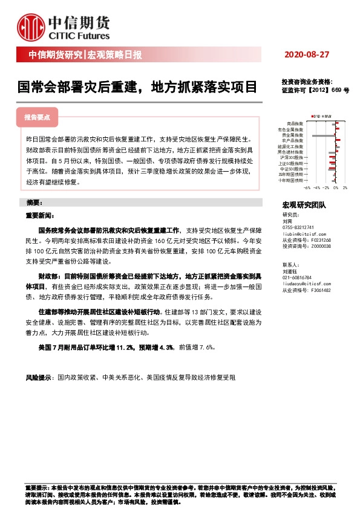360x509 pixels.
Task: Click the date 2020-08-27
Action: point(306,55)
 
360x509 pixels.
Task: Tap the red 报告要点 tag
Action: point(41,117)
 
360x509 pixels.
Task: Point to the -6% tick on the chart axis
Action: point(298,188)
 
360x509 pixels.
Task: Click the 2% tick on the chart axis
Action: point(344,188)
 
